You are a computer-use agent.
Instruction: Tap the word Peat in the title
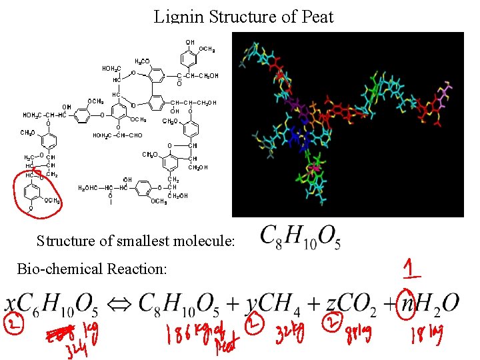(313, 16)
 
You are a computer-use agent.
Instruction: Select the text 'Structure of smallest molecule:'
(136, 241)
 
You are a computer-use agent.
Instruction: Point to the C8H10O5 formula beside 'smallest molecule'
(300, 236)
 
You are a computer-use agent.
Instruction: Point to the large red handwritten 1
(411, 268)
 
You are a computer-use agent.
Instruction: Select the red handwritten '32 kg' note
(288, 331)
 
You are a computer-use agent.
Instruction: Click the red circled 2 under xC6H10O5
(12, 325)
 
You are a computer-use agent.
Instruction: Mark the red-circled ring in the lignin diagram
(36, 193)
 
